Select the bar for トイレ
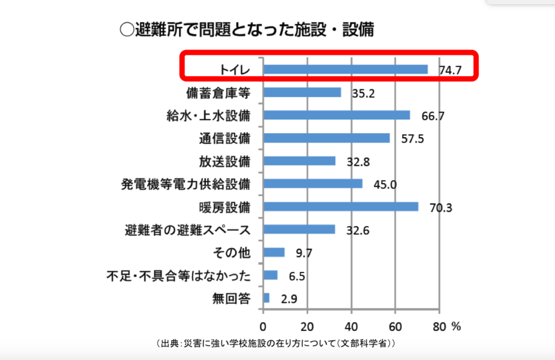pyautogui.click(x=345, y=69)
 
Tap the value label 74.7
pyautogui.click(x=450, y=70)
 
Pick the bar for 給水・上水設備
pyautogui.click(x=337, y=115)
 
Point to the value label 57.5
pyautogui.click(x=413, y=139)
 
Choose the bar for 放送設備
pyautogui.click(x=299, y=161)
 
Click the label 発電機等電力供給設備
pyautogui.click(x=186, y=184)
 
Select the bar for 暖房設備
pyautogui.click(x=341, y=207)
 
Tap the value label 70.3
pyautogui.click(x=441, y=208)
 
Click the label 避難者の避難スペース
pyautogui.click(x=188, y=229)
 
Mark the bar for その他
pyautogui.click(x=274, y=252)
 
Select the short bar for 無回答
pyautogui.click(x=267, y=298)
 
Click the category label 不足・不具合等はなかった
pyautogui.click(x=179, y=276)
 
